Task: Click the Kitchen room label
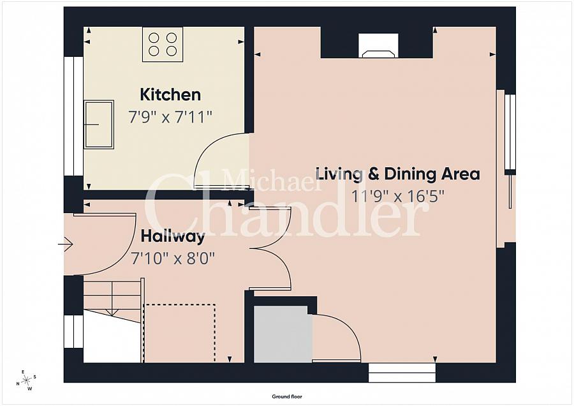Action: point(170,94)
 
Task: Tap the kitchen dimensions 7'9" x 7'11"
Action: point(170,117)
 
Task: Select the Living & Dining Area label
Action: point(397,174)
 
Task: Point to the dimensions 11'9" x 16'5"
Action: point(397,197)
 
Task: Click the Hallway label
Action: point(173,237)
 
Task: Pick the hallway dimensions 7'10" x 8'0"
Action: point(172,259)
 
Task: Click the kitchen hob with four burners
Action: point(163,44)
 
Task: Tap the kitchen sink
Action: point(99,124)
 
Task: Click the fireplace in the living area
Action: point(378,45)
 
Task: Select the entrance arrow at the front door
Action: point(66,244)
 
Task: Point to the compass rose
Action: point(26,380)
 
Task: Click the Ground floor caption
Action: point(287,396)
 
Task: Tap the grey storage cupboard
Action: point(283,334)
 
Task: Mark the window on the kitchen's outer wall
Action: point(73,116)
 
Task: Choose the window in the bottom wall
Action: point(402,373)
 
